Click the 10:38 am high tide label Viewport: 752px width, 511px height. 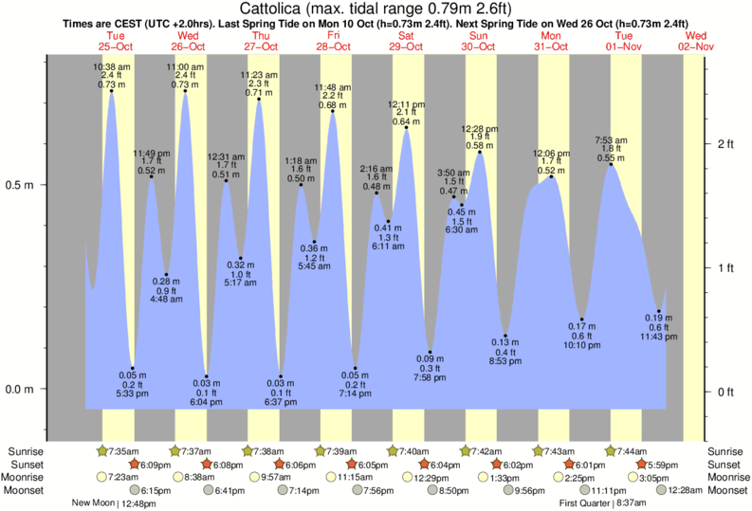pyautogui.click(x=111, y=66)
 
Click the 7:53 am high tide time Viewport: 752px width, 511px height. pyautogui.click(x=612, y=139)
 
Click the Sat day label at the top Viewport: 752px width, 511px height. pyautogui.click(x=406, y=34)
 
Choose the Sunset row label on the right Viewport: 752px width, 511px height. pyautogui.click(x=726, y=465)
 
